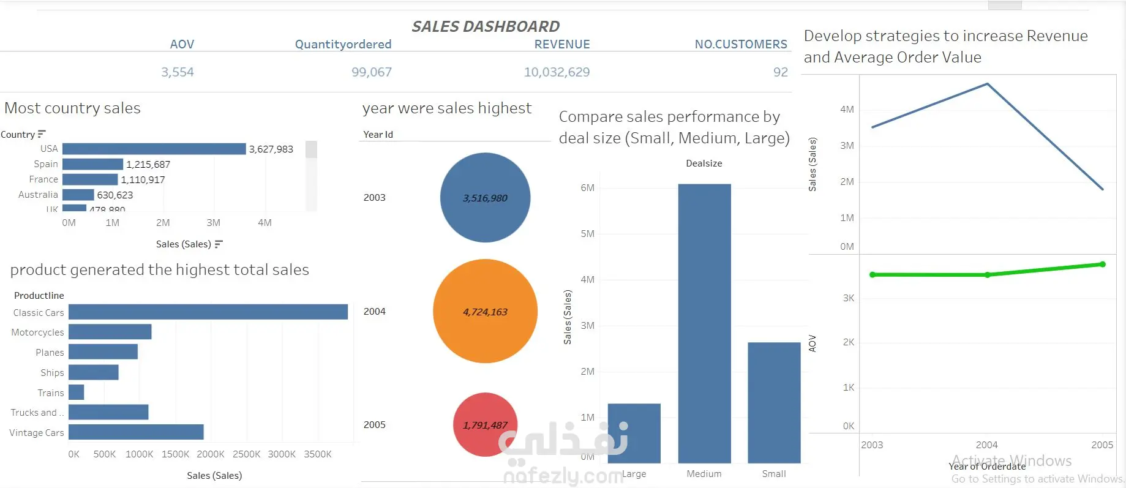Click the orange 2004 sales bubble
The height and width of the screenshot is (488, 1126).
(x=485, y=311)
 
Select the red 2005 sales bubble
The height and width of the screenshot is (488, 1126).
(x=485, y=424)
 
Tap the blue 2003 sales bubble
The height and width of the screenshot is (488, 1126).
(x=485, y=197)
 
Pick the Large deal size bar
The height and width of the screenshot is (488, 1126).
(x=634, y=433)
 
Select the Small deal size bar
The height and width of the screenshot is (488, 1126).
(x=774, y=402)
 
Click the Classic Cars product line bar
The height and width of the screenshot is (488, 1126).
(x=208, y=312)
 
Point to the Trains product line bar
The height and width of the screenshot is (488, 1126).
(x=77, y=392)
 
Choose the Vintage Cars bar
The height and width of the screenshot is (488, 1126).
(x=136, y=432)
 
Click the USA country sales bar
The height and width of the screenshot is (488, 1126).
(x=154, y=149)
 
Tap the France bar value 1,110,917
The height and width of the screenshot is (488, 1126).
(x=143, y=180)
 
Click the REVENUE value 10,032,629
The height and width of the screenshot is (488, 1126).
(x=557, y=72)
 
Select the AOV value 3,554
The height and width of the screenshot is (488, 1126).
(x=178, y=72)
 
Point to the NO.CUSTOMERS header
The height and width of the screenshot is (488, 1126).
(x=741, y=44)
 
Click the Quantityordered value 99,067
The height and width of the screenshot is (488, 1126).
(x=372, y=72)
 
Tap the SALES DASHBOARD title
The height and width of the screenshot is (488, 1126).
(x=486, y=26)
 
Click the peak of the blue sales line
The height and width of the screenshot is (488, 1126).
(x=987, y=84)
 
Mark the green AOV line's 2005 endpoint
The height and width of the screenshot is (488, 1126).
(x=1102, y=265)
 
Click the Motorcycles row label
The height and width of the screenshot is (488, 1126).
(x=37, y=332)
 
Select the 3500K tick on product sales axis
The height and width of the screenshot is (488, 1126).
(x=318, y=454)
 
